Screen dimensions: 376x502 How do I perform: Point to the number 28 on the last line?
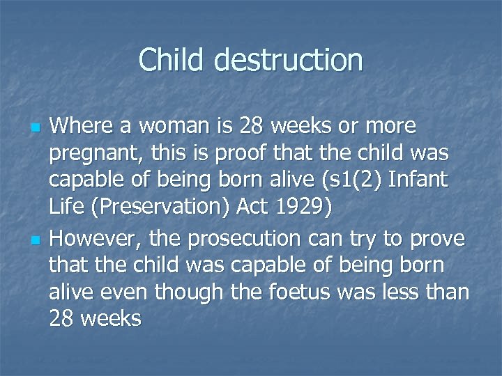[x=63, y=319]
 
